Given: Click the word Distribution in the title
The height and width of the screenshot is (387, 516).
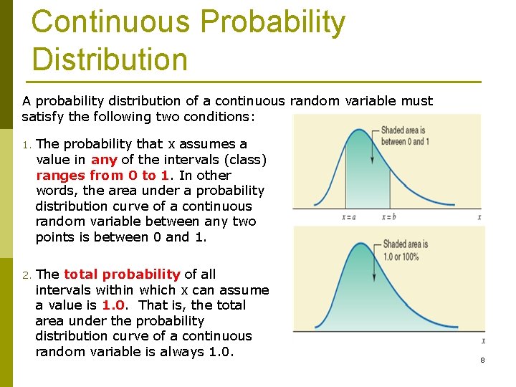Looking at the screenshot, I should (x=109, y=59).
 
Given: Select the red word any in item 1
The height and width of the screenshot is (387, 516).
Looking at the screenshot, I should (x=104, y=159).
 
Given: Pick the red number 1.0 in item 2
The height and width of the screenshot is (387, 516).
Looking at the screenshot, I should (x=114, y=305).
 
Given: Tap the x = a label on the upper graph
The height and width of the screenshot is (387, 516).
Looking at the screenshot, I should (x=349, y=217).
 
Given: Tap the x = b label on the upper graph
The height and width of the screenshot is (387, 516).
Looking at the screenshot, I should (x=389, y=217).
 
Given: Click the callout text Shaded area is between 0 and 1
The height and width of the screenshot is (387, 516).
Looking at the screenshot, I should (x=405, y=135).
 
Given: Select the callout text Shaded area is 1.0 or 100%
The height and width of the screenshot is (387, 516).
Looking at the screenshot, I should (x=405, y=249).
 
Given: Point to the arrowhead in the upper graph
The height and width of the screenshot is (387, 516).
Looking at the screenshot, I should (x=372, y=164).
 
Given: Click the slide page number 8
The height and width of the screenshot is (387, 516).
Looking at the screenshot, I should (x=482, y=360).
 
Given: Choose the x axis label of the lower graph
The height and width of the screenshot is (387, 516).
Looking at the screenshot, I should (x=483, y=341).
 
